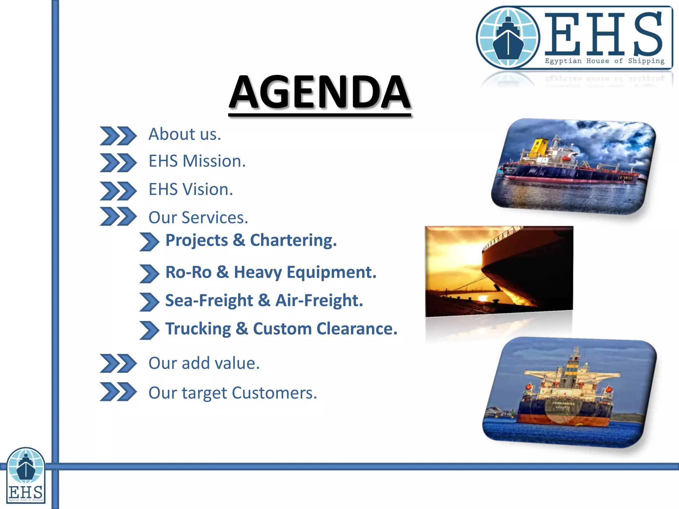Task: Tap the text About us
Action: click(x=184, y=134)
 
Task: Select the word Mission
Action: click(x=214, y=161)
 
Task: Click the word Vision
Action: click(x=208, y=190)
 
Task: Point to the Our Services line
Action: click(x=198, y=218)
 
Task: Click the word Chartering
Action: click(x=293, y=240)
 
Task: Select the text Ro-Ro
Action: click(x=188, y=272)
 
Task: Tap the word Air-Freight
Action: click(x=319, y=301)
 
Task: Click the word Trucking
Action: click(x=198, y=329)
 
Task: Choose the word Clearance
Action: click(x=357, y=329)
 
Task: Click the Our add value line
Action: click(x=204, y=363)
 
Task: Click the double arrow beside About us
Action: click(x=118, y=136)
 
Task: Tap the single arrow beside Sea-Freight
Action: click(x=149, y=302)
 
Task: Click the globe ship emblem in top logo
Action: click(x=508, y=37)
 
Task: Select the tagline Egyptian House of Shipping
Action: click(x=604, y=61)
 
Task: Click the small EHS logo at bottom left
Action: click(x=26, y=475)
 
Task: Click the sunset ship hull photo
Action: click(x=499, y=270)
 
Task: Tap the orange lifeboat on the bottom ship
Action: click(x=528, y=387)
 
